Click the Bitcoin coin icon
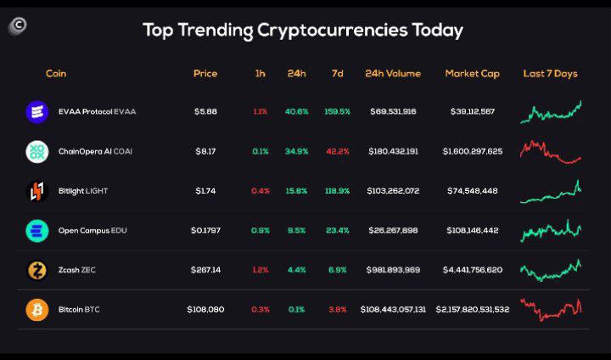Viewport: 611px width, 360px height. click(x=37, y=309)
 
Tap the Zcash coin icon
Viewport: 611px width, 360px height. click(x=37, y=270)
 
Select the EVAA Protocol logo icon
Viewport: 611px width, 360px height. click(x=37, y=111)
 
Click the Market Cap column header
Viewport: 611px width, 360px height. click(x=472, y=74)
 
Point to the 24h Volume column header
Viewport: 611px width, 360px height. click(x=392, y=74)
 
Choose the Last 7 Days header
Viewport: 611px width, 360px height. click(x=550, y=74)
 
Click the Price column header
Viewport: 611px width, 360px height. click(x=205, y=74)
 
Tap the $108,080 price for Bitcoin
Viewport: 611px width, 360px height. click(x=205, y=309)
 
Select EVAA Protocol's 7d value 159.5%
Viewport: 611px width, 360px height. click(x=337, y=111)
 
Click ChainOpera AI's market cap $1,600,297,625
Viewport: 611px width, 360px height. click(x=472, y=151)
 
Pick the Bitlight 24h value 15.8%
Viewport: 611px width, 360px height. click(x=296, y=191)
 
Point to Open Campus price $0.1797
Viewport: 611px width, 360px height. click(x=205, y=230)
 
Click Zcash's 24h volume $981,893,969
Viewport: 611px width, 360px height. click(x=392, y=270)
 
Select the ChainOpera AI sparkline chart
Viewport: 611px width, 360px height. click(x=551, y=151)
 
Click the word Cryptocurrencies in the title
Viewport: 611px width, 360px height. click(x=331, y=31)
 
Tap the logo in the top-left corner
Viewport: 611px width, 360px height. click(x=17, y=26)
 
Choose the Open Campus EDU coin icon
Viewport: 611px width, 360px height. click(x=37, y=230)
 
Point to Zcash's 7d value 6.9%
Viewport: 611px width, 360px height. click(x=337, y=270)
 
